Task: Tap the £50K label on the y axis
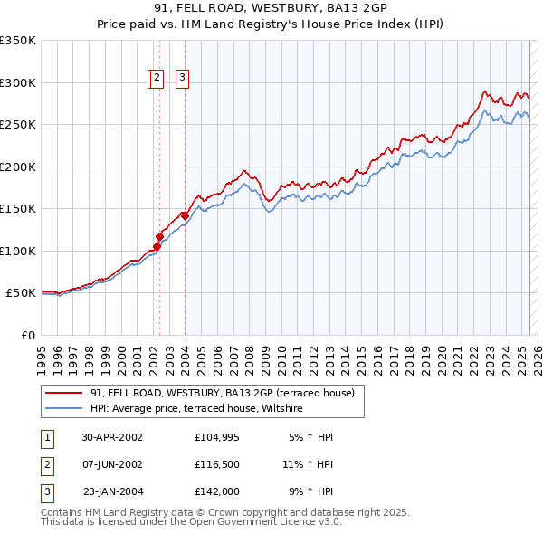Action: click(x=21, y=293)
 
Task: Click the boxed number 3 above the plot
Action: click(x=182, y=79)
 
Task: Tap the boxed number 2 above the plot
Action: click(x=157, y=79)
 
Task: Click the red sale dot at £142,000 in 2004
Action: click(x=185, y=215)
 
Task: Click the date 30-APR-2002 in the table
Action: click(x=112, y=437)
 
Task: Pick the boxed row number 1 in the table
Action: click(x=45, y=437)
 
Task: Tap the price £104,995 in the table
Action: click(x=216, y=437)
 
